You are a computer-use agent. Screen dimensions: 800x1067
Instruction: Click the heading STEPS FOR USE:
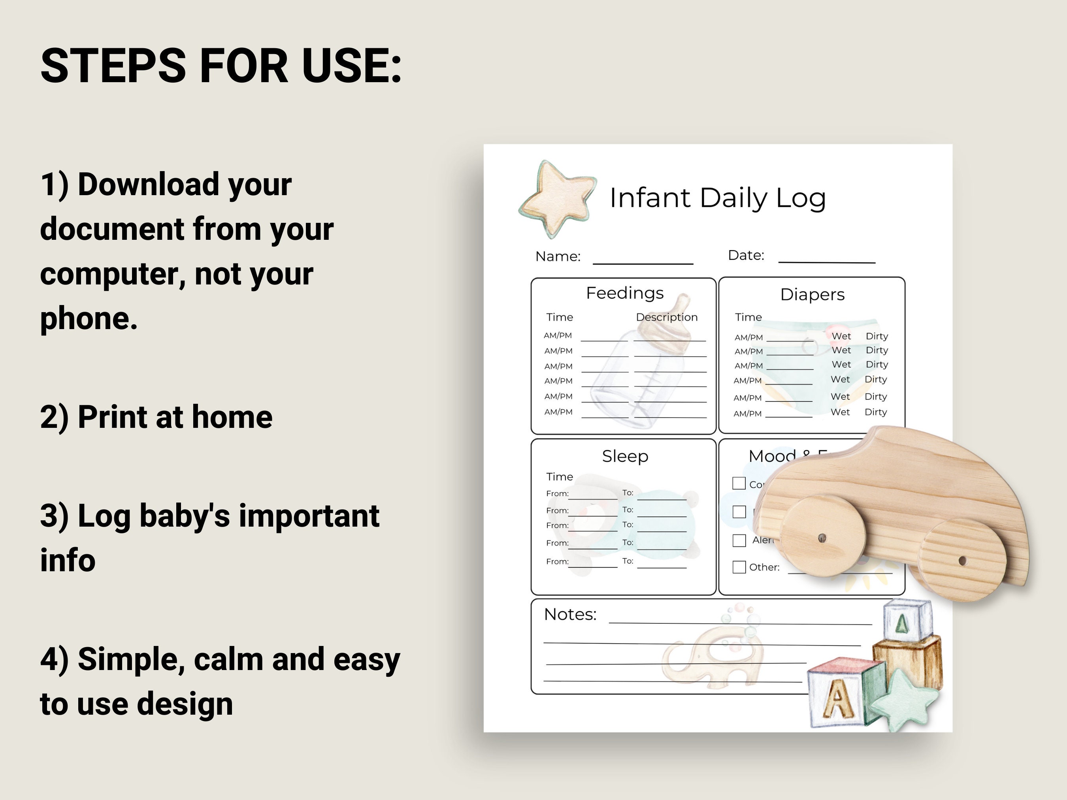point(221,66)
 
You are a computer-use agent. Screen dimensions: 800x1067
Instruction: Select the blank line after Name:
point(643,261)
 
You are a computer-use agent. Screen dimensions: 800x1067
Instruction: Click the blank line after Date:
point(826,260)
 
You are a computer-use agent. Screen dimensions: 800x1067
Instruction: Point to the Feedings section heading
point(625,293)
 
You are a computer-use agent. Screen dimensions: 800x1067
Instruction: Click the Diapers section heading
point(813,295)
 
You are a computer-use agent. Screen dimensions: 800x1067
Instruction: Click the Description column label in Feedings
point(667,317)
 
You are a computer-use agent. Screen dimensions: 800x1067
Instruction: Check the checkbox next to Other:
point(739,567)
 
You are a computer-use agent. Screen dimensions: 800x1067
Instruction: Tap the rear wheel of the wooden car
point(962,560)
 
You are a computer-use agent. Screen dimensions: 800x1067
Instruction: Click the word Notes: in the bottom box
point(570,614)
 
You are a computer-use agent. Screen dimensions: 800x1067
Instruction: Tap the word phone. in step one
point(89,319)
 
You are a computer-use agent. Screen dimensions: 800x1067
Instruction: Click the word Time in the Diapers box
point(748,317)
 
